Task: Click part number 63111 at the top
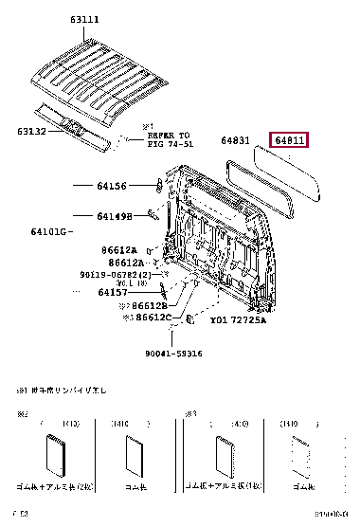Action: coord(80,18)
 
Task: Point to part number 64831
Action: coord(236,140)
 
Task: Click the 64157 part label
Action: coord(115,292)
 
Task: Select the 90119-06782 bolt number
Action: coord(124,274)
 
